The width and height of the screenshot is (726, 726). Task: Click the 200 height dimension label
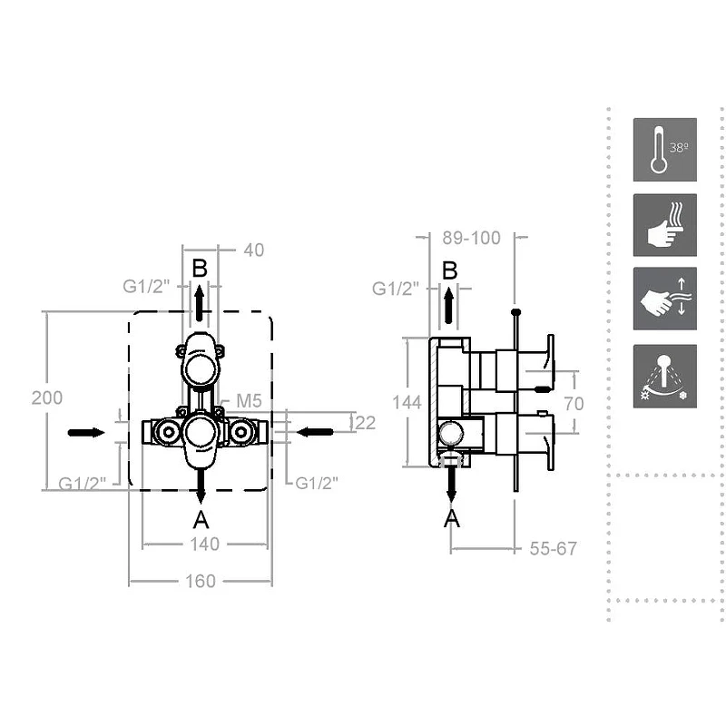click(47, 397)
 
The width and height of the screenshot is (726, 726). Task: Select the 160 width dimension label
click(200, 581)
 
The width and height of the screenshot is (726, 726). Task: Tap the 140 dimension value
click(205, 544)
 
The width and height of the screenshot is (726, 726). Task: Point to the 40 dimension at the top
click(254, 250)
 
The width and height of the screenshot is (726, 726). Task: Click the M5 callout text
click(249, 401)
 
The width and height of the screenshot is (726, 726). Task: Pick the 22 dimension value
click(365, 423)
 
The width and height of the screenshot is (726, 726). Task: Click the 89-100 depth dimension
click(471, 238)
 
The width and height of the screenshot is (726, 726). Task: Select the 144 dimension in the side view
click(407, 402)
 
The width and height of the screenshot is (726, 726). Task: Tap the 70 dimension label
click(574, 404)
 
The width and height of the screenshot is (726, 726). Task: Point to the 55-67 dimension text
click(554, 549)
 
